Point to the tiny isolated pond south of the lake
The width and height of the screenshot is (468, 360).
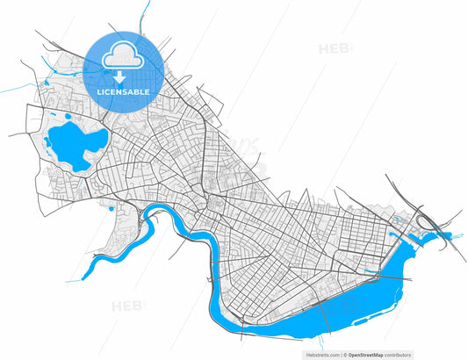[111, 208]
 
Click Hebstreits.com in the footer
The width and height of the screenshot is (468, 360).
[320, 355]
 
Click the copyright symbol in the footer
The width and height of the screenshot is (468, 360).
[343, 355]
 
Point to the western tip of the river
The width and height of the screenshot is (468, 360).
[83, 279]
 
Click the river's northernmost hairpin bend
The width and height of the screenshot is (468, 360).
[157, 208]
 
